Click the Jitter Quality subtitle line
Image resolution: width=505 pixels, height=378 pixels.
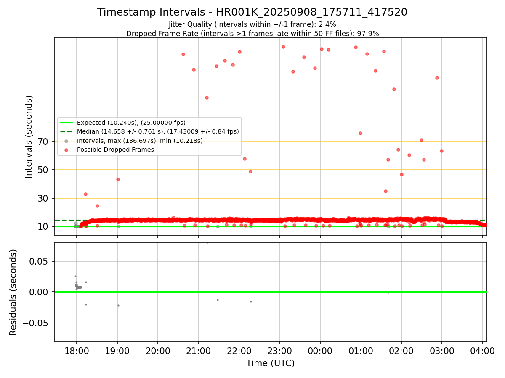[252, 24]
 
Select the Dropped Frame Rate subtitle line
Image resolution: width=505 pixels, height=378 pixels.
[252, 34]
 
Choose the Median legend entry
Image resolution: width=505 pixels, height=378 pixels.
[158, 131]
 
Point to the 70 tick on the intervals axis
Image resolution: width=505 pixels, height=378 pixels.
[43, 142]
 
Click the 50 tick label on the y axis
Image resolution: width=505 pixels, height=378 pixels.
[43, 170]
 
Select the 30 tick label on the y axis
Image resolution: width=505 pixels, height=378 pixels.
[43, 198]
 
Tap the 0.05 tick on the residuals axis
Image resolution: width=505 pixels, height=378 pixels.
[40, 261]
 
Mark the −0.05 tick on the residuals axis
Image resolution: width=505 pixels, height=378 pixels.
[37, 323]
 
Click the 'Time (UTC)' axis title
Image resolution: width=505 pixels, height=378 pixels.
[270, 363]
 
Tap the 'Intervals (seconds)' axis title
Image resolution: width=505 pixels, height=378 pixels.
[29, 136]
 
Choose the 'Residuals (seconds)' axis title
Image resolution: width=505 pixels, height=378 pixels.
[13, 292]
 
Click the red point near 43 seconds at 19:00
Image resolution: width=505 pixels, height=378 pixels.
[118, 179]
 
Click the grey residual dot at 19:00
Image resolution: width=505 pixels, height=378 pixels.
[118, 305]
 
